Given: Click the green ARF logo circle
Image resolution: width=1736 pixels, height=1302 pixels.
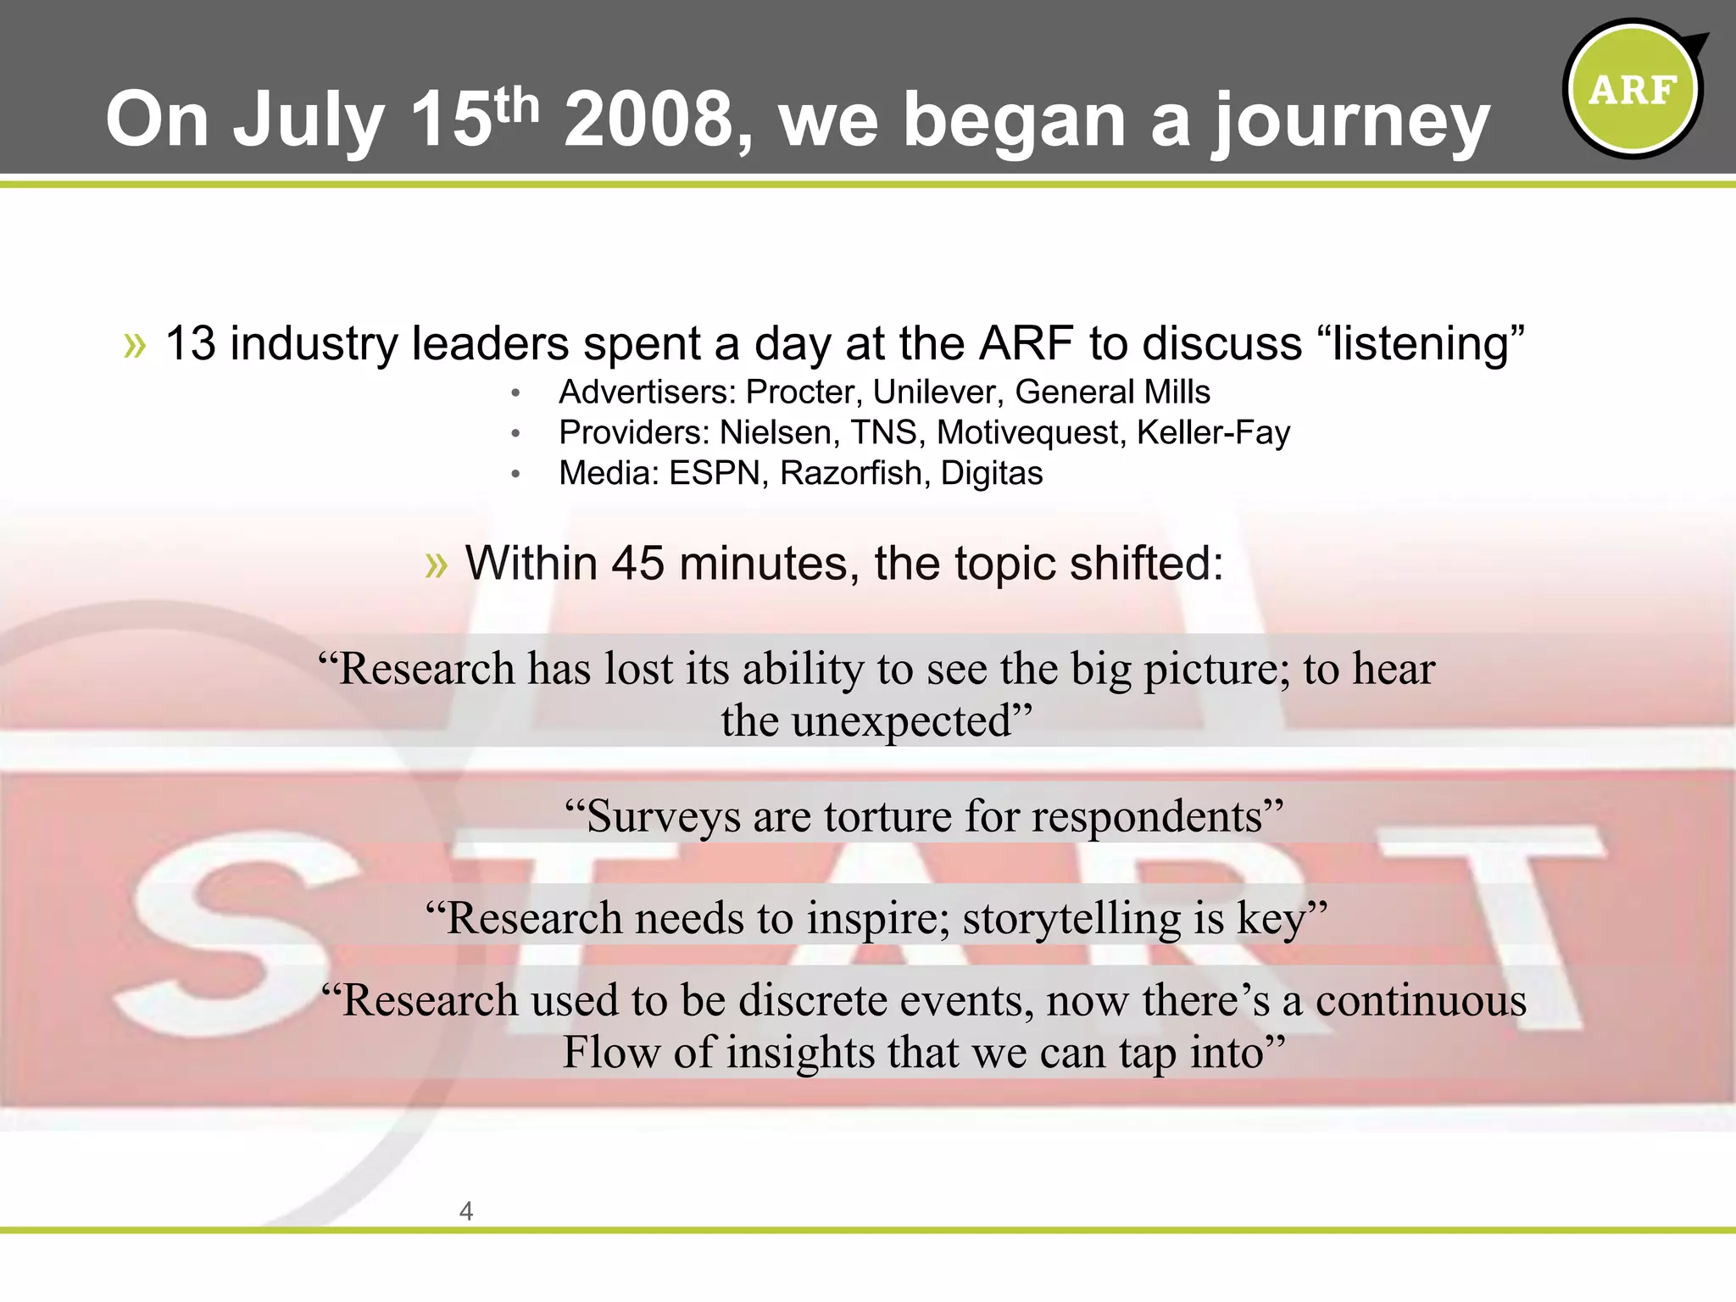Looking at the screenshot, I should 1633,89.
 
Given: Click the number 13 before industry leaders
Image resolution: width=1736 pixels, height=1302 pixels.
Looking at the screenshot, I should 190,344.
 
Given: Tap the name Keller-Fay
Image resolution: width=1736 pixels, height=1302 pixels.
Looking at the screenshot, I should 1212,433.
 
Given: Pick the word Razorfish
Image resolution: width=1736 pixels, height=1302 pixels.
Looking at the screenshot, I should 850,474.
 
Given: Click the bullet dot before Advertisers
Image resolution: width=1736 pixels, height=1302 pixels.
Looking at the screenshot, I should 515,393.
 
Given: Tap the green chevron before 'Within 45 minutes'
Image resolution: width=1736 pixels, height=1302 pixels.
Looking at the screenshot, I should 436,565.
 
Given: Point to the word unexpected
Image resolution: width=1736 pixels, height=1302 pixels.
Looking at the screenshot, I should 901,722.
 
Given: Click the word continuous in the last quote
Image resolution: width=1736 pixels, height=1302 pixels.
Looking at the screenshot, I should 1420,1001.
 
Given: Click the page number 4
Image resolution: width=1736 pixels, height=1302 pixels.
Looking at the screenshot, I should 465,1211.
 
